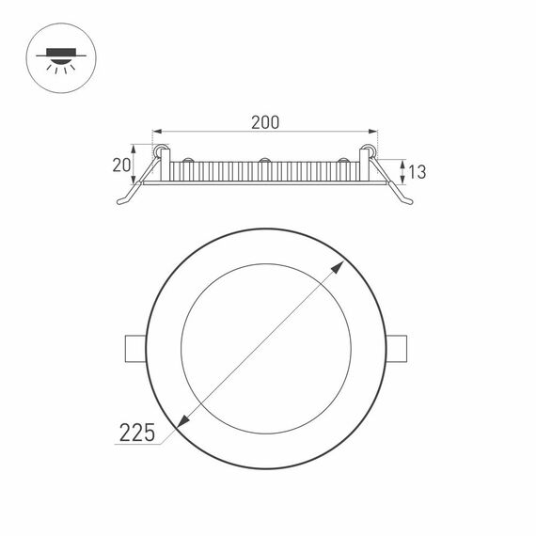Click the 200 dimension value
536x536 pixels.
coord(266,121)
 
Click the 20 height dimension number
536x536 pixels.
coord(119,165)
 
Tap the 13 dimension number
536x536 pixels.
coord(418,171)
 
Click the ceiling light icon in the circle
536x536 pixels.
coord(59,58)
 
